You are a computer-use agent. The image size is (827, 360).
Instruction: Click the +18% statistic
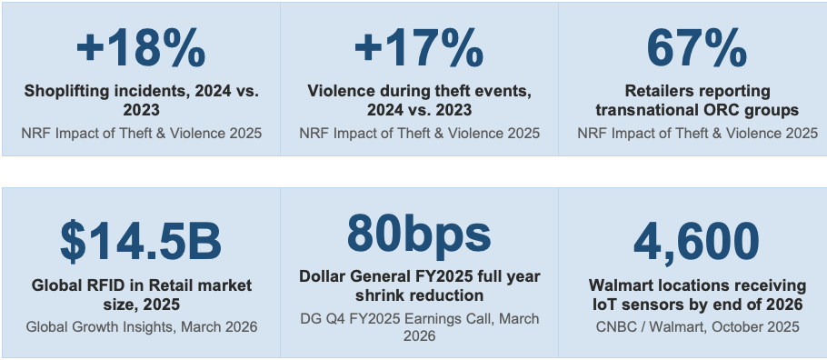[x=141, y=49]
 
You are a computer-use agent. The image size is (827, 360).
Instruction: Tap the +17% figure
[x=419, y=49]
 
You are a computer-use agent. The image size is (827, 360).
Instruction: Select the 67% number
[x=697, y=49]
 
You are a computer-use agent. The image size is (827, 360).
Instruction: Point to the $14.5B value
[x=141, y=243]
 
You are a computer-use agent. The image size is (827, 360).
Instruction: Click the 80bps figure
[x=419, y=233]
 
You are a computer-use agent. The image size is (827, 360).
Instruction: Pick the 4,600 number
[x=697, y=243]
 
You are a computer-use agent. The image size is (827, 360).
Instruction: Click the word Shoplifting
[x=57, y=91]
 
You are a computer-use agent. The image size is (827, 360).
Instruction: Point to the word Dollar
[x=319, y=276]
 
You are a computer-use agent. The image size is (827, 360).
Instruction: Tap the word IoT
[x=603, y=305]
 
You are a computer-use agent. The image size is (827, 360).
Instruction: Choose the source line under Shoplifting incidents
[x=142, y=133]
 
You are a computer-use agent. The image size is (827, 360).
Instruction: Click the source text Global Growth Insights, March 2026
[x=142, y=326]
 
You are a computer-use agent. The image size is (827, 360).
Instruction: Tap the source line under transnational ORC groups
[x=697, y=133]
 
